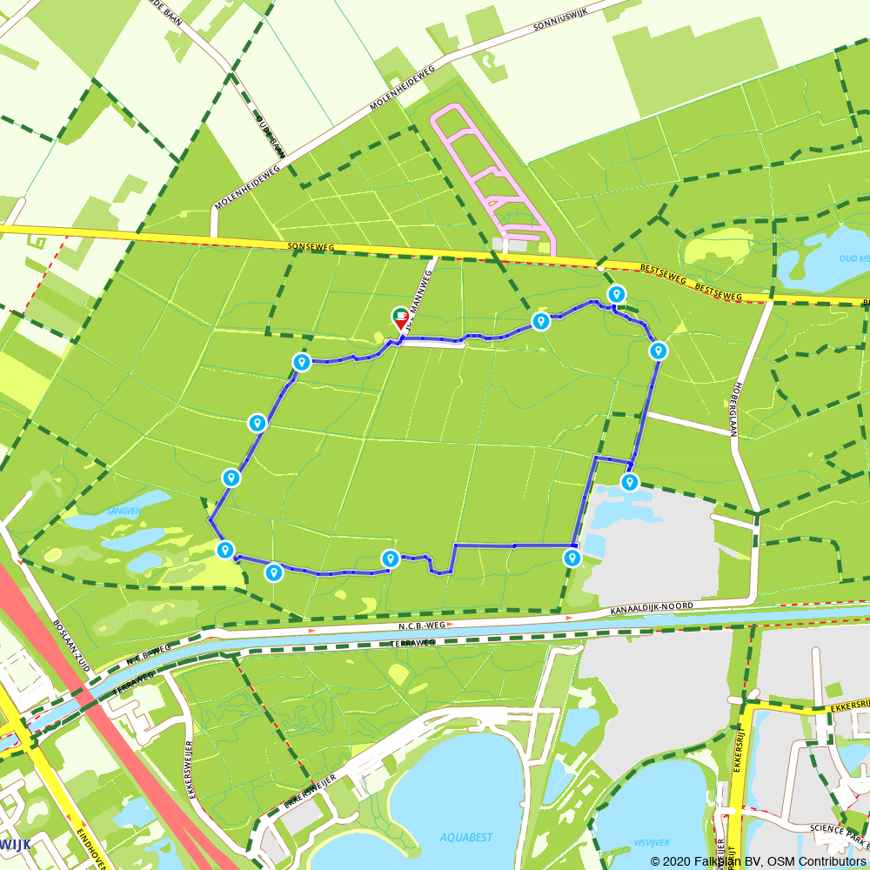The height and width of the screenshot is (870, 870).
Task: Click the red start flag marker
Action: pos(401,319)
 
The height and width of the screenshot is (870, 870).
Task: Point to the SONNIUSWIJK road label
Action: pos(566,23)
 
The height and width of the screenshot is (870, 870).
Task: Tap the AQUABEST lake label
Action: pos(466,837)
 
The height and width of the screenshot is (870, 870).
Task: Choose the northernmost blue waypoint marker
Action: pos(616,295)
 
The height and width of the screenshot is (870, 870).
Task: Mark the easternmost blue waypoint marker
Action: pos(659,351)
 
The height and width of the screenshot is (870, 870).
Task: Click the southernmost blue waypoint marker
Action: pos(274,572)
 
